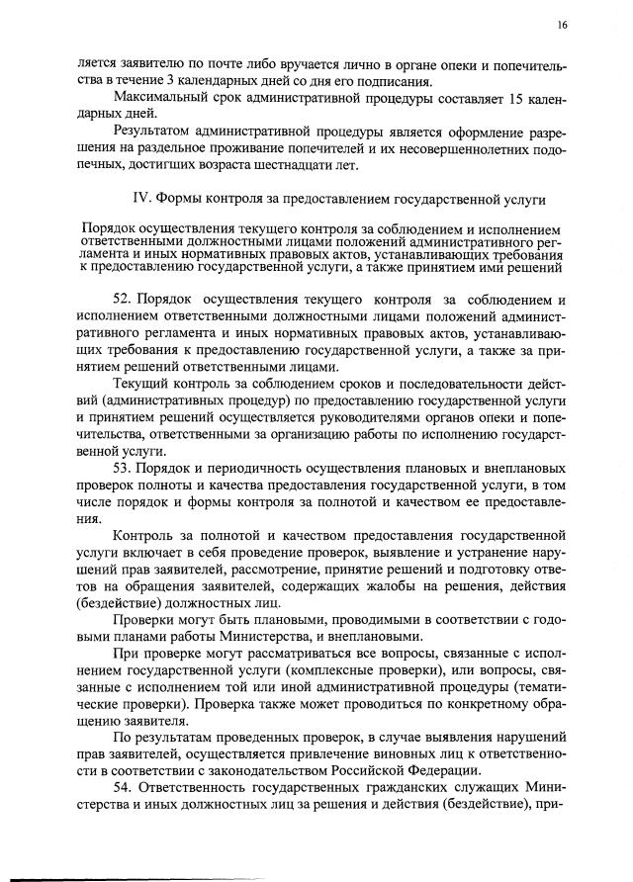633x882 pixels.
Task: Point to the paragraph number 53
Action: [x=123, y=467]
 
